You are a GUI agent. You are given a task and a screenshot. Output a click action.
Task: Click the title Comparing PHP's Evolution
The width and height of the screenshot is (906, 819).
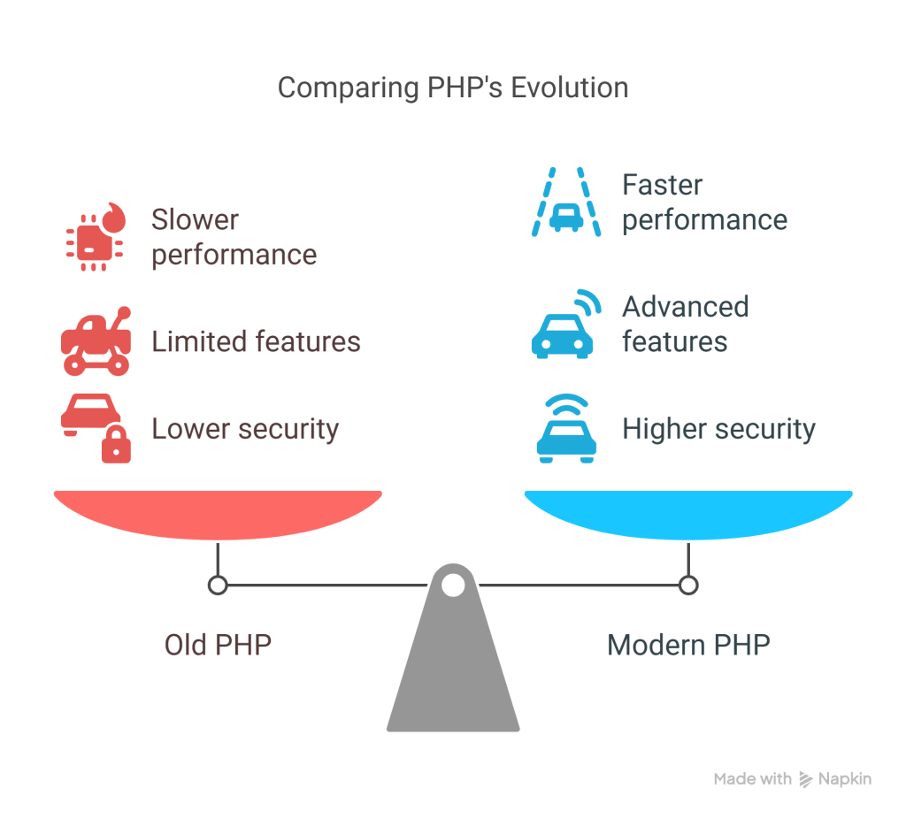click(x=452, y=88)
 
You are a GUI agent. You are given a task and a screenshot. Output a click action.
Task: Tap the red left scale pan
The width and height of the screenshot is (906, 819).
click(x=218, y=513)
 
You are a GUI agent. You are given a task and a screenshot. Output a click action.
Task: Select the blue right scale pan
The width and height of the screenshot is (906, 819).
click(x=688, y=513)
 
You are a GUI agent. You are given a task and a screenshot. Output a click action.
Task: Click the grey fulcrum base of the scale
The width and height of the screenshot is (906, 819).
click(x=453, y=672)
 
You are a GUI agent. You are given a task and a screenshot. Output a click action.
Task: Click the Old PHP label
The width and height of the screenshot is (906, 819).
click(x=218, y=644)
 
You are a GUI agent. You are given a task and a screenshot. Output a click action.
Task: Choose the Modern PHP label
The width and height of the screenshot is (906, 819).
click(x=688, y=644)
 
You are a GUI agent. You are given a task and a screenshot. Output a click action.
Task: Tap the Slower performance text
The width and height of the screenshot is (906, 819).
click(x=234, y=237)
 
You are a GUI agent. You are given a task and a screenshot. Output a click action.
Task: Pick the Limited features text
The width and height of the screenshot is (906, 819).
click(x=256, y=341)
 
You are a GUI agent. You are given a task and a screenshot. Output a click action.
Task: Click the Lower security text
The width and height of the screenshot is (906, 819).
click(x=245, y=429)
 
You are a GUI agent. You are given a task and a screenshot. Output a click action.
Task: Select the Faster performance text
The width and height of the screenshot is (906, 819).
click(x=704, y=203)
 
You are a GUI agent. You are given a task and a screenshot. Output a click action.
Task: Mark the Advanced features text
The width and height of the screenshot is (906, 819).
click(x=685, y=324)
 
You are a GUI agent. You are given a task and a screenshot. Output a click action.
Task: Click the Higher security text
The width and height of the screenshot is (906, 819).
click(x=718, y=429)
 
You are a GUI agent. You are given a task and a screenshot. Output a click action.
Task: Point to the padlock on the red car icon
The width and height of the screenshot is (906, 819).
click(x=116, y=445)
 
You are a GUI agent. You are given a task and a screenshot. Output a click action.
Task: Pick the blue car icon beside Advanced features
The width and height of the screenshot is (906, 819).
click(x=563, y=327)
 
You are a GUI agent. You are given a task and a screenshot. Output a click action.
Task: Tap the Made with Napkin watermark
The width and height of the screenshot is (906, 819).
click(x=792, y=779)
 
